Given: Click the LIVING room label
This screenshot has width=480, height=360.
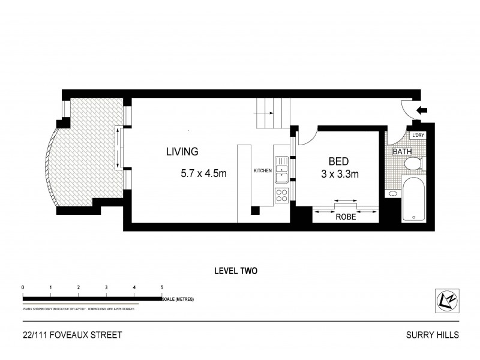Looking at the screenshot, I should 182,152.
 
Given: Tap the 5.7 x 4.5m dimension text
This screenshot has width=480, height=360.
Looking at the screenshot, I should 203,175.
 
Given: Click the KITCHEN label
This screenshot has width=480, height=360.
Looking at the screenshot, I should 263,171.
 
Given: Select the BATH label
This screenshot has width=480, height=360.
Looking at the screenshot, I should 402,152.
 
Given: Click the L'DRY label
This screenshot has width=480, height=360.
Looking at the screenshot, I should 418,136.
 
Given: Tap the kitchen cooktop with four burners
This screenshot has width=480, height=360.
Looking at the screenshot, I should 281,195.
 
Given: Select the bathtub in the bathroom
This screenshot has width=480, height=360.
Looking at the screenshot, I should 413,199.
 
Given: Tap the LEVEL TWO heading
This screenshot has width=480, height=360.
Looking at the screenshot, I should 236,271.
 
